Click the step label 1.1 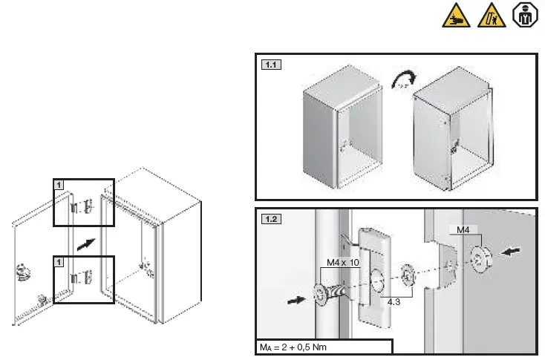click(x=271, y=65)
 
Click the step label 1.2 click(x=271, y=220)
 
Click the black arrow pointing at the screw click(x=296, y=301)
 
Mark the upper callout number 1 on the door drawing click(x=59, y=183)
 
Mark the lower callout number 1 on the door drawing click(x=59, y=261)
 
